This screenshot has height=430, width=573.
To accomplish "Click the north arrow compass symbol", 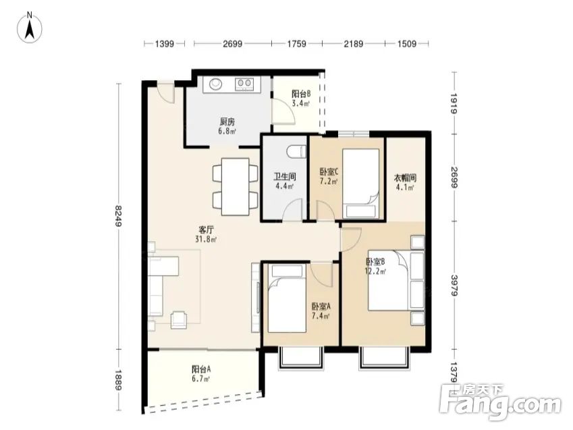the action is click(x=30, y=28).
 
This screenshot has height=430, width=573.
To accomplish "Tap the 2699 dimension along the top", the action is click(x=232, y=44).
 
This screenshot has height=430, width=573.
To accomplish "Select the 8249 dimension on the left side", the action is click(x=118, y=216).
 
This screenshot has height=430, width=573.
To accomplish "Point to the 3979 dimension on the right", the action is click(x=454, y=285).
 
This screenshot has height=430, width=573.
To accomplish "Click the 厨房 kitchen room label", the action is click(x=227, y=122).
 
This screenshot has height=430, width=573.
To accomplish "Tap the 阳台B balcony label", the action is click(x=301, y=94).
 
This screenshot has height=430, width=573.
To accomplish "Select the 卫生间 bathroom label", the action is click(x=285, y=177).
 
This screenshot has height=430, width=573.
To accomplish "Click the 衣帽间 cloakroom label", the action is click(x=405, y=178).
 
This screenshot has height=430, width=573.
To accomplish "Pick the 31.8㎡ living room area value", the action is click(x=205, y=240).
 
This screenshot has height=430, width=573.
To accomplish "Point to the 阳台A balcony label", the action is click(x=201, y=369).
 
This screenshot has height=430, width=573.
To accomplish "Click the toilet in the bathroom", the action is click(x=296, y=151).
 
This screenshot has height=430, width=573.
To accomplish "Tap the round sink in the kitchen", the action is click(x=215, y=84).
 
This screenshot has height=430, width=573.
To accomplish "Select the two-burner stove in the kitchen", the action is click(x=244, y=84).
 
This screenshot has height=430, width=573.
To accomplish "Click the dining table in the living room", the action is click(x=236, y=186).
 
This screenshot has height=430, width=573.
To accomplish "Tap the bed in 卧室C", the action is click(x=360, y=184).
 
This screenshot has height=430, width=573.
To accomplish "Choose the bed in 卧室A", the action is click(x=287, y=298).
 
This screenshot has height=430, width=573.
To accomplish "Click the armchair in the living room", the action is click(x=180, y=319).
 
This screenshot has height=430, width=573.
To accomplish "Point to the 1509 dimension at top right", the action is click(x=407, y=44).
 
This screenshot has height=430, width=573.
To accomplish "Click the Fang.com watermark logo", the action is click(x=500, y=403).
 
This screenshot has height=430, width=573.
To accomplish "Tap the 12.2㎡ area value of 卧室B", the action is click(x=375, y=271).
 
